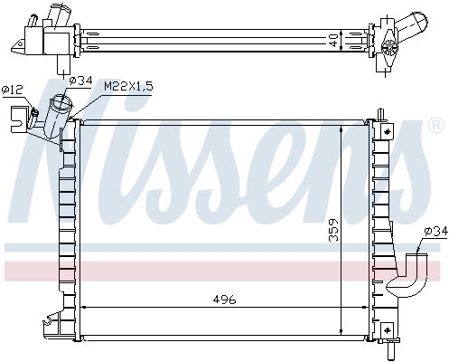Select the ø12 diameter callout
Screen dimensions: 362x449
(x=12, y=89)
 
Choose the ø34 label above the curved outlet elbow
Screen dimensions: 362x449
(x=433, y=232)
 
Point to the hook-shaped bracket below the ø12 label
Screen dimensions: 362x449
(x=18, y=117)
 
